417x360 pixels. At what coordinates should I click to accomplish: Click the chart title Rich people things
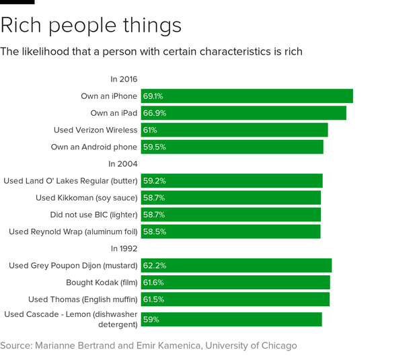(x=91, y=26)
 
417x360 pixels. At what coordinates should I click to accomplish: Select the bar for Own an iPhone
(x=247, y=96)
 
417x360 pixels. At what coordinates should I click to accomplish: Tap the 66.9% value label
(x=153, y=113)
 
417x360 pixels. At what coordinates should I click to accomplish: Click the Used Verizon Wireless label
(x=96, y=130)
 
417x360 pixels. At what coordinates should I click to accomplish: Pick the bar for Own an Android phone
(x=232, y=147)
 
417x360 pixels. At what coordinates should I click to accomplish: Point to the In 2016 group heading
(x=124, y=79)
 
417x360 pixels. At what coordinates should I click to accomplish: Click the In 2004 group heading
(x=123, y=164)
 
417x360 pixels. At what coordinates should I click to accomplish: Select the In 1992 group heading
(x=123, y=248)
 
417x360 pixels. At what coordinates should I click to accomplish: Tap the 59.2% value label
(x=154, y=181)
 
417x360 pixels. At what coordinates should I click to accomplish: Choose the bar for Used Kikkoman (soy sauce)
(x=231, y=198)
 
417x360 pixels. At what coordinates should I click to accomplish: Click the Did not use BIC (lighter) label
(x=93, y=215)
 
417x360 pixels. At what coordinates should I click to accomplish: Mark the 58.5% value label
(x=154, y=231)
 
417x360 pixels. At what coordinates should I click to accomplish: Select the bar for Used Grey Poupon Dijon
(x=236, y=266)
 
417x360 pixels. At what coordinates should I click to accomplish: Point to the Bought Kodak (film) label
(x=102, y=283)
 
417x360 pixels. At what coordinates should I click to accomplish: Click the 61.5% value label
(x=153, y=299)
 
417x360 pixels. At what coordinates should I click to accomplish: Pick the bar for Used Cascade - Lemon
(x=231, y=320)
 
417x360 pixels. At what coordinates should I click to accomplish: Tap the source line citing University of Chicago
(x=148, y=346)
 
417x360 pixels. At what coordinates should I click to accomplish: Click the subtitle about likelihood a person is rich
(x=151, y=51)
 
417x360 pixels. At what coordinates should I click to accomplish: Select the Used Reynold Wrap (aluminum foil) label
(x=73, y=231)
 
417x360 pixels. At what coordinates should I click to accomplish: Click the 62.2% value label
(x=154, y=266)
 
